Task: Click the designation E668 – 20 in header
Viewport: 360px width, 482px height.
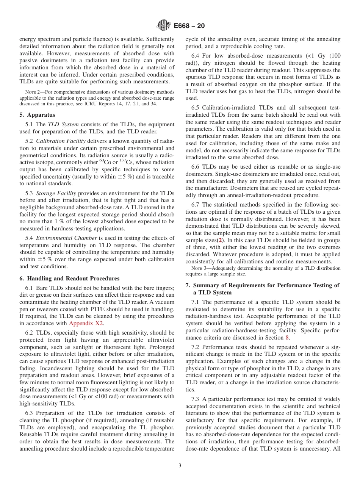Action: tap(189, 26)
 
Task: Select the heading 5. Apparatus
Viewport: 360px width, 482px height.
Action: tap(37, 114)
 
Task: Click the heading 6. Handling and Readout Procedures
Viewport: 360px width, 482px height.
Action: tap(69, 278)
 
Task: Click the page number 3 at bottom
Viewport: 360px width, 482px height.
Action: tap(180, 465)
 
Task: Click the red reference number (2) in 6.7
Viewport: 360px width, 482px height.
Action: tap(219, 241)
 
